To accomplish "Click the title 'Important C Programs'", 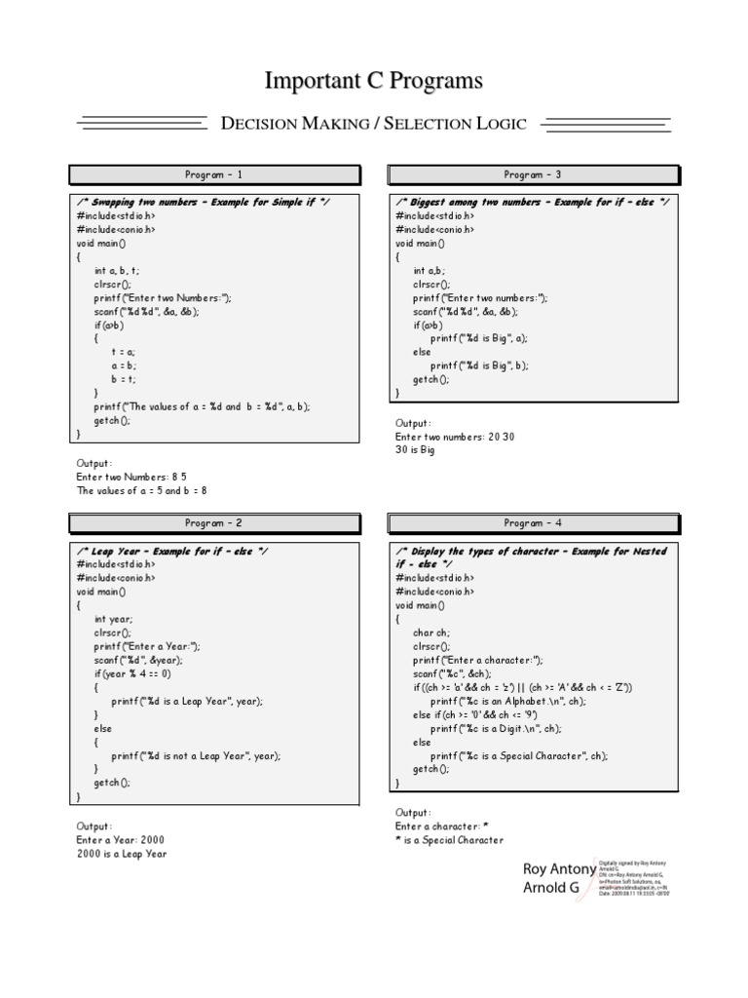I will [x=374, y=80].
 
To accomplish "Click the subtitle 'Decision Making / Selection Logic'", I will [x=374, y=124].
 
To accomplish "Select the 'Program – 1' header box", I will [x=214, y=175].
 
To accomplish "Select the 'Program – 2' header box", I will [x=214, y=523].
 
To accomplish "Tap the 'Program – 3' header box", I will [x=533, y=175].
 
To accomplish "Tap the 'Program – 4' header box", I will [x=533, y=523].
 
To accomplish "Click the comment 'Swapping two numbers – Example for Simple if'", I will [x=203, y=202].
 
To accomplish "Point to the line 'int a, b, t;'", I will [x=117, y=270].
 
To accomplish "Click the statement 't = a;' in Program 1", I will [x=124, y=352].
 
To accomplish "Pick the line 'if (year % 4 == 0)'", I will [x=132, y=673].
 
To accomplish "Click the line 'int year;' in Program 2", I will [x=114, y=619].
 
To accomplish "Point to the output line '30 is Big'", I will [x=415, y=450].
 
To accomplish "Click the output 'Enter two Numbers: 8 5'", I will [x=131, y=478].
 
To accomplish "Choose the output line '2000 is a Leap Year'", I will [x=122, y=853].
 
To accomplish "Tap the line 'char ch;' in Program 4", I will [x=431, y=633].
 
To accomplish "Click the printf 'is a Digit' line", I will [x=497, y=728].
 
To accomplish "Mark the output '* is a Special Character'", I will [x=449, y=839].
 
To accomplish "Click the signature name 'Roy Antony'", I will [x=559, y=868].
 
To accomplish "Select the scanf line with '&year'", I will [x=138, y=660].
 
